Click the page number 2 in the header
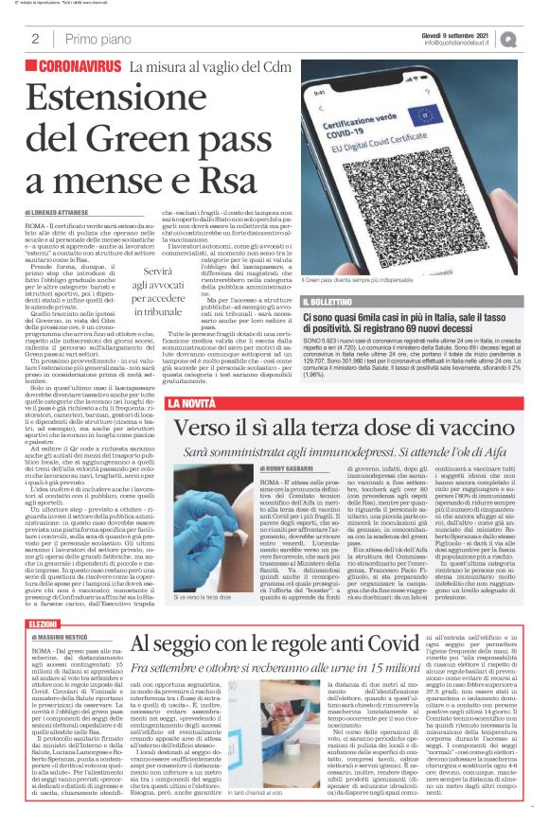(35, 40)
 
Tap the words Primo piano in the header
(94, 40)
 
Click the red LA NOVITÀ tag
(191, 404)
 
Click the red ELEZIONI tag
(44, 625)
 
